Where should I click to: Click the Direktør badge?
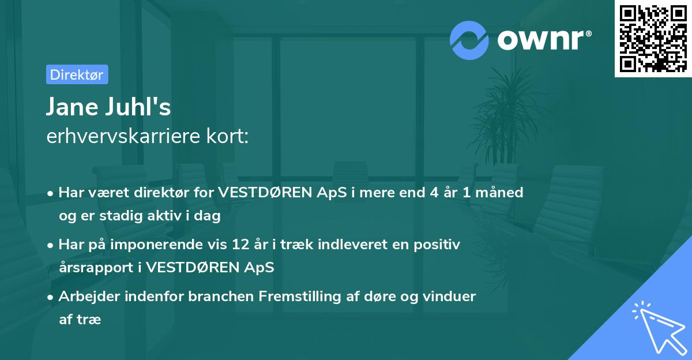coord(77,74)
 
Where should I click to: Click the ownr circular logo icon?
coord(469,39)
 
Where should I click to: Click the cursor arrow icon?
coord(658,327)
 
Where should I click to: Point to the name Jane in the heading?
coord(71,107)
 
